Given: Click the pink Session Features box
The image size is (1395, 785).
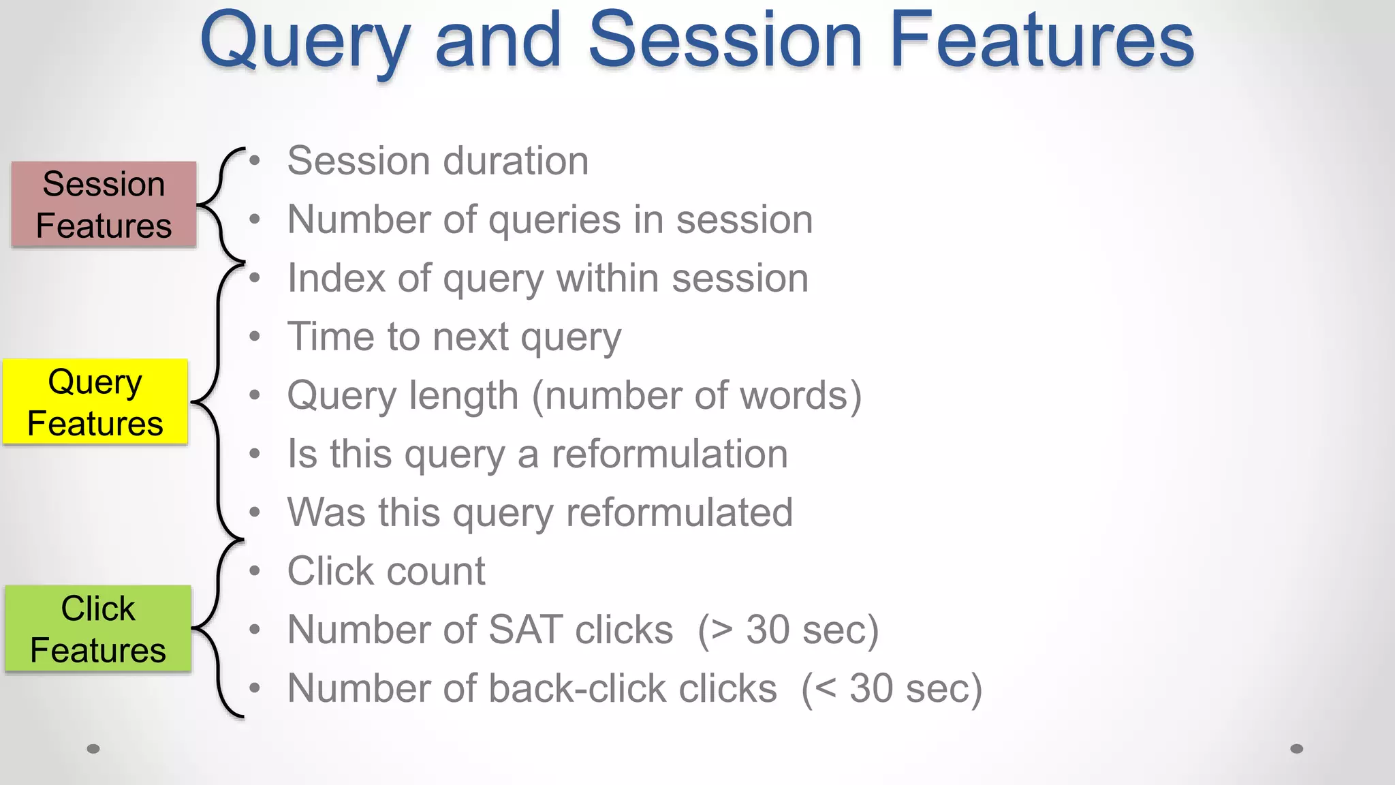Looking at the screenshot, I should point(104,204).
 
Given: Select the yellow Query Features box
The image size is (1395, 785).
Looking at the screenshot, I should point(95,402).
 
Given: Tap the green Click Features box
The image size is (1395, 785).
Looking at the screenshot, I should point(98,629).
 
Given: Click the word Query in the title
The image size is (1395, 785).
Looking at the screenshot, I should point(305,42).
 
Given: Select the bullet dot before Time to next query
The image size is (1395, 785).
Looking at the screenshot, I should point(255,337).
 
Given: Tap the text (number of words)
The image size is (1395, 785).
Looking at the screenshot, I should point(696,396).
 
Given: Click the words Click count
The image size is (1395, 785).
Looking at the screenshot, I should point(386,571).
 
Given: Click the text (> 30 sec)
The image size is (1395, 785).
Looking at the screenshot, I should point(788,630).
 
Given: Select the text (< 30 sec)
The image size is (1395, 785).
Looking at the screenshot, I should point(892,688).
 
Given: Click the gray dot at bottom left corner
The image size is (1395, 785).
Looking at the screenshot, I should point(94,749).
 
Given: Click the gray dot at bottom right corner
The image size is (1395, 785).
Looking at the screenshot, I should point(1297,749).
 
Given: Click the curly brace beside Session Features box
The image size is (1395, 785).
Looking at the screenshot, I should point(220,204).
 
